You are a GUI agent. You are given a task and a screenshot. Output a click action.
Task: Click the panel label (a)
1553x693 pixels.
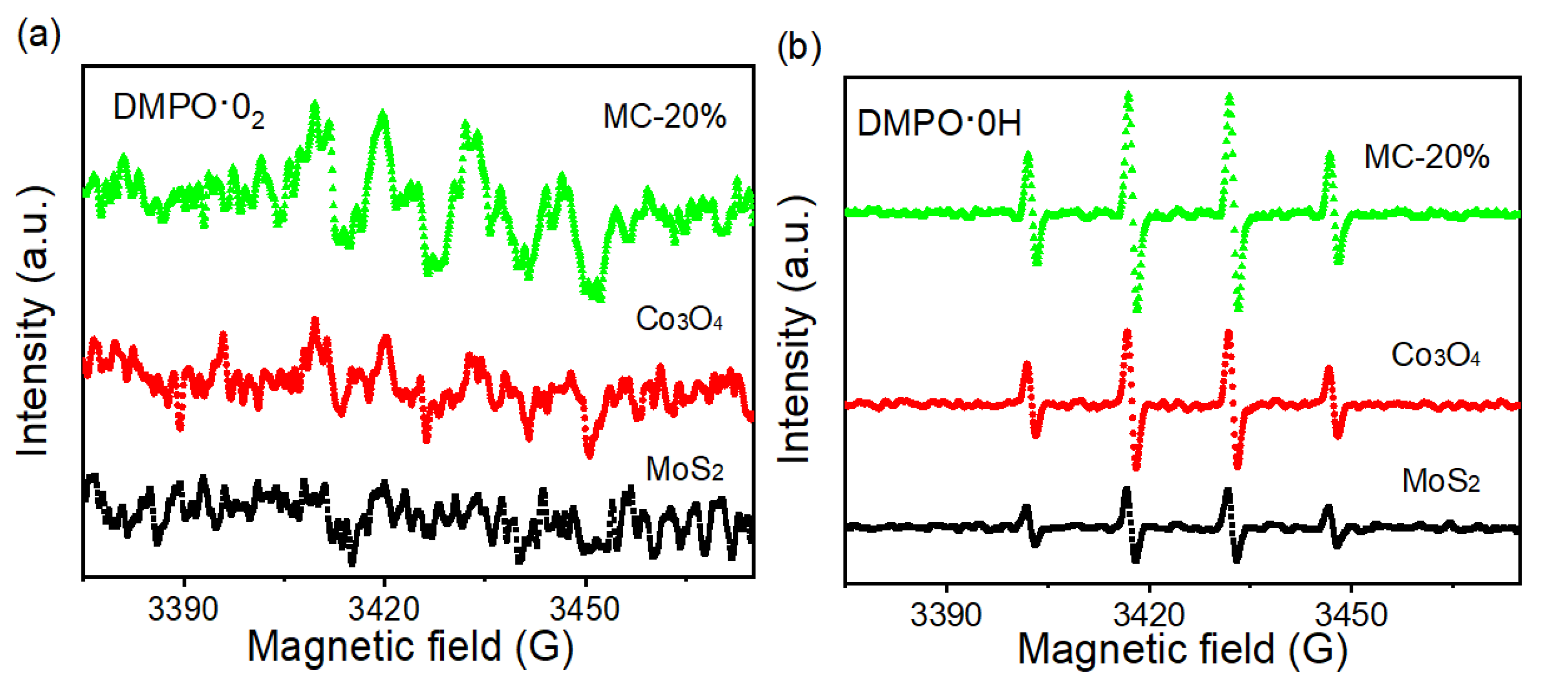(x=38, y=35)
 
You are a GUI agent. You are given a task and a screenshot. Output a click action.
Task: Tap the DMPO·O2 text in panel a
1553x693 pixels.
(x=188, y=108)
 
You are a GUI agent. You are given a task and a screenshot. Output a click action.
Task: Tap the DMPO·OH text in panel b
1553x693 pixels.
(x=939, y=123)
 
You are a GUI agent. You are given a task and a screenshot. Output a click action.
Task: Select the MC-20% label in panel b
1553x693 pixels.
(x=1427, y=157)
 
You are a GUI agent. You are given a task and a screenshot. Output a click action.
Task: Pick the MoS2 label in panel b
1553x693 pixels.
(x=1441, y=480)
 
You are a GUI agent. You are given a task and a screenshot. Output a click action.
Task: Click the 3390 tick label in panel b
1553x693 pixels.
(x=945, y=615)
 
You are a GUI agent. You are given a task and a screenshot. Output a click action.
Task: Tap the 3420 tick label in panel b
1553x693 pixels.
(x=1148, y=615)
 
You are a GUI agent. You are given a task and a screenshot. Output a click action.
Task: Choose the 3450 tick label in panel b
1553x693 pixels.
(x=1351, y=615)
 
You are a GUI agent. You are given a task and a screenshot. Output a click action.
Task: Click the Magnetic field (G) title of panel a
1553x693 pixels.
(x=410, y=646)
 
